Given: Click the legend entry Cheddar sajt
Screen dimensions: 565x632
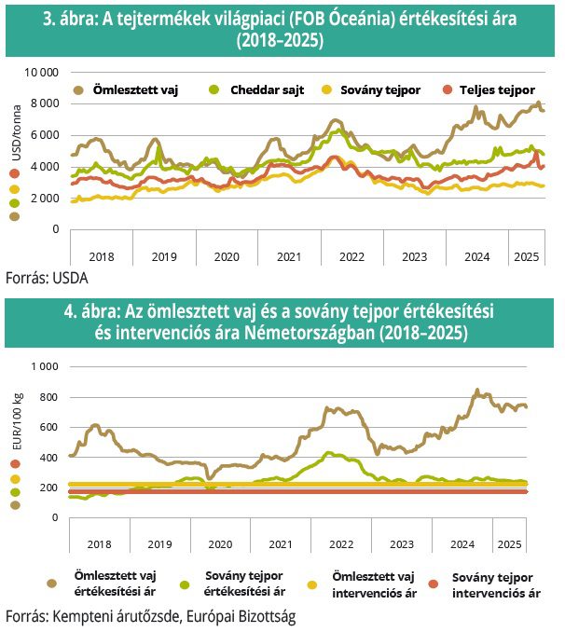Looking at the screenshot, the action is click(267, 89).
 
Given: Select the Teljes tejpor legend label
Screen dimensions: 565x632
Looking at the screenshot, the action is click(497, 89).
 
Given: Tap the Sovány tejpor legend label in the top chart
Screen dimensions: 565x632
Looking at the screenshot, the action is click(380, 89).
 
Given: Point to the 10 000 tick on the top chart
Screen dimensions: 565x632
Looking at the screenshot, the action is click(42, 73).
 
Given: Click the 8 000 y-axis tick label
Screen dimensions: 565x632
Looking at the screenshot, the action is click(45, 103).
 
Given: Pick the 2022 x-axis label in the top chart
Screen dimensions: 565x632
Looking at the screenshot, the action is click(351, 256).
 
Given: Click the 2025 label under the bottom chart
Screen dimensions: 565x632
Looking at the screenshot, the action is click(509, 544).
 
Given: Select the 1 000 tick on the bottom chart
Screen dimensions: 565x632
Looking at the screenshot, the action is click(45, 366).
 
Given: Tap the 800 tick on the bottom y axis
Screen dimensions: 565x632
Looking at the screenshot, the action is click(48, 397).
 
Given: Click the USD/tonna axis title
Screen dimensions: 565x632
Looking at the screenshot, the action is click(16, 132).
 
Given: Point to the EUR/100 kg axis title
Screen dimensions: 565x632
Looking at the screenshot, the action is click(18, 421).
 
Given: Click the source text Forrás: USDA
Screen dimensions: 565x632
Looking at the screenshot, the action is click(47, 278).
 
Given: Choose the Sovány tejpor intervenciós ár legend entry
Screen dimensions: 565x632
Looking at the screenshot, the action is click(496, 585).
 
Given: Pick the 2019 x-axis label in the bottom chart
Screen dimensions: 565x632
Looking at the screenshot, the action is click(159, 544).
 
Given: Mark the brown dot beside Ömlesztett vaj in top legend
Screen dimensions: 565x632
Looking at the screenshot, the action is click(78, 89).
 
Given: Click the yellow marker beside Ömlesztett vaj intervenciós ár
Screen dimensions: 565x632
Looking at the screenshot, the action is click(311, 584).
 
